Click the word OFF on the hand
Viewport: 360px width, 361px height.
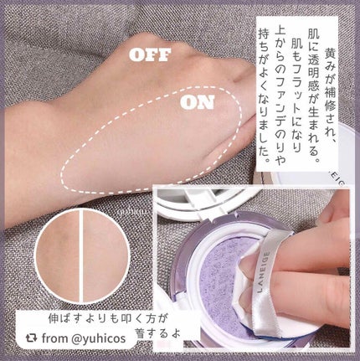click(x=149, y=55)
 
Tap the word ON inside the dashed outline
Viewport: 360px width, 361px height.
click(x=198, y=106)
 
